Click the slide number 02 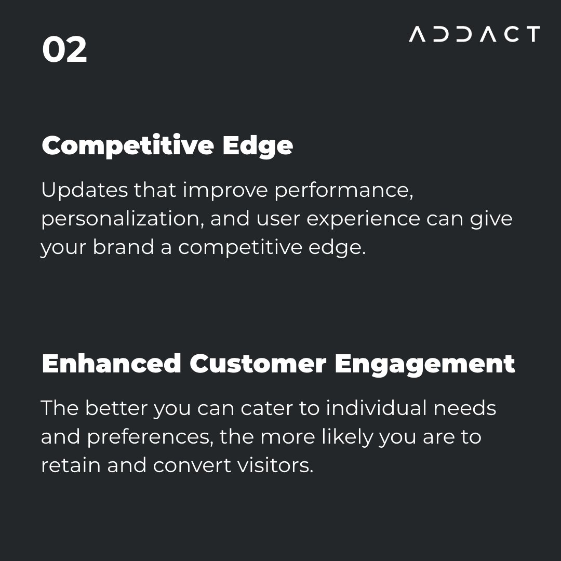pyautogui.click(x=64, y=50)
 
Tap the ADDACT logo pyautogui.click(x=474, y=34)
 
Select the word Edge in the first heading pyautogui.click(x=258, y=146)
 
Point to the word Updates pyautogui.click(x=84, y=191)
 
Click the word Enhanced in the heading pyautogui.click(x=111, y=364)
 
